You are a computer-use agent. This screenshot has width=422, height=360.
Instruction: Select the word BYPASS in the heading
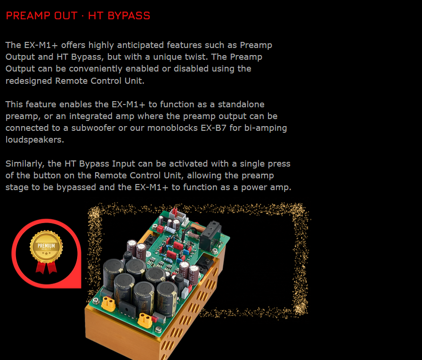tap(129, 16)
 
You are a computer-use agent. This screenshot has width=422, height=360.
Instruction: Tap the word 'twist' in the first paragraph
tap(198, 57)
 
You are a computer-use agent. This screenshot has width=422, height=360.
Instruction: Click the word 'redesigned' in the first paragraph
tap(29, 80)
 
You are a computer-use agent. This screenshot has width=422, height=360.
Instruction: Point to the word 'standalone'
tap(241, 104)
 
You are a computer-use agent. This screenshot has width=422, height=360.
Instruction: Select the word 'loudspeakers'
tap(35, 140)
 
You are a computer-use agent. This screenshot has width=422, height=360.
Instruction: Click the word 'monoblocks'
tap(172, 128)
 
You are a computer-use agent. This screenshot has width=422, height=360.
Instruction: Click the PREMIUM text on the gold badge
tap(46, 246)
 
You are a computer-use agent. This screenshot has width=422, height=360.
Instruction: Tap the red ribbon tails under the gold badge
tap(47, 267)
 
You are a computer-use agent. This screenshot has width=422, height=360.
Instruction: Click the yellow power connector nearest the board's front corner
tap(145, 320)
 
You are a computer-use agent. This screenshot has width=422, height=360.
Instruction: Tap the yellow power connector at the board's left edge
tap(108, 304)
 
